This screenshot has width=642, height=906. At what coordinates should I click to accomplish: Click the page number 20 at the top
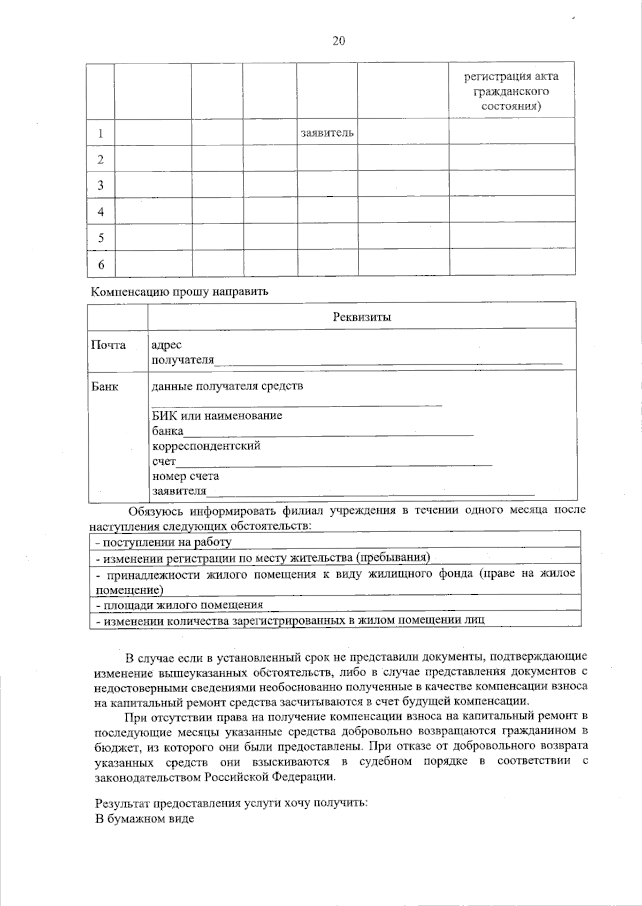point(338,41)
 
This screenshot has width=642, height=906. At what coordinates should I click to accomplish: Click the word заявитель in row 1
point(327,133)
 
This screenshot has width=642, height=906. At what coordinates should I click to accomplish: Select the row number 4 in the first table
point(101,212)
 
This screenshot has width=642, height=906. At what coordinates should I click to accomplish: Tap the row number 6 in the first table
point(101,264)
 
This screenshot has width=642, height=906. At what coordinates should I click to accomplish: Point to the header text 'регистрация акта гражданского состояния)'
point(511,91)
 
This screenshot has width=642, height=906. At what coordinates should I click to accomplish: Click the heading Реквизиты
point(362,317)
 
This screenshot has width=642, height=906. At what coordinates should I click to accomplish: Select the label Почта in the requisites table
point(109,345)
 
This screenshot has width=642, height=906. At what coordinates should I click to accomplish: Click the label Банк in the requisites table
point(105,387)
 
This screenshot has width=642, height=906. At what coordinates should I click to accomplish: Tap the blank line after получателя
point(388,362)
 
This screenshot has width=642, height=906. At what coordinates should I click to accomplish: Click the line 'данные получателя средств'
point(227,386)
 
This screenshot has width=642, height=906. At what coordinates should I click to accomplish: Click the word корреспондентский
point(206,446)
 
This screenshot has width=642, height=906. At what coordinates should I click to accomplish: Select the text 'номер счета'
point(186,475)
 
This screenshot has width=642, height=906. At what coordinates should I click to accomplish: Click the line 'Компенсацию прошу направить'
point(179,292)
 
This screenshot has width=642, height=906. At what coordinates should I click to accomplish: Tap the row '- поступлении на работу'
point(164,542)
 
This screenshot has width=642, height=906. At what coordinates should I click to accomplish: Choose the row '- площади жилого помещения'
point(180,605)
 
